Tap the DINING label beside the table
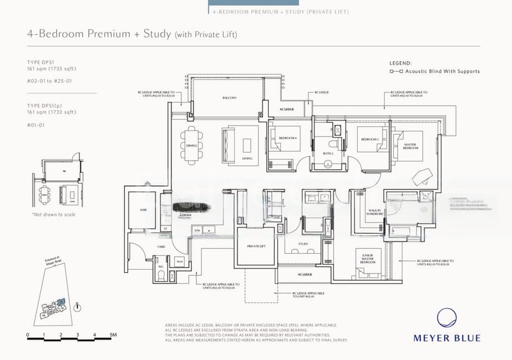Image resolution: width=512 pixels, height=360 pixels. [191, 145]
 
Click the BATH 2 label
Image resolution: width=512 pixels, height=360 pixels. [328, 154]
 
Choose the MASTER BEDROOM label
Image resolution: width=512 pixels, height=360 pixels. [410, 147]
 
